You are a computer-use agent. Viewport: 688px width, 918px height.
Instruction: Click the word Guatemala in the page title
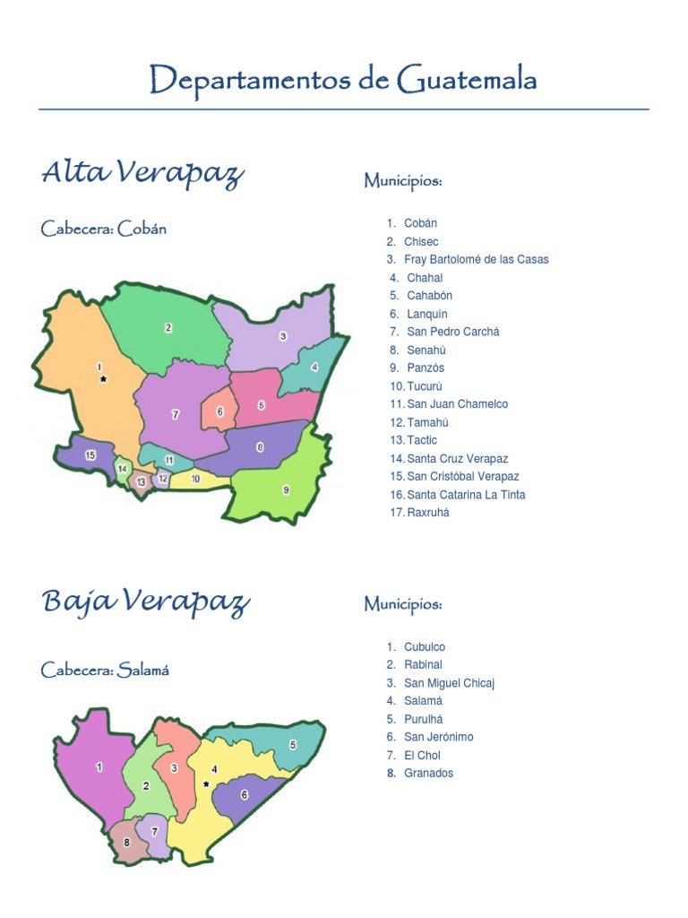[464, 81]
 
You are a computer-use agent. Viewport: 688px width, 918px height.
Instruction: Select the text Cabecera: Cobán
[104, 229]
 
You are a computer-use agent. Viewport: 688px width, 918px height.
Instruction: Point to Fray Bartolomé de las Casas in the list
[477, 259]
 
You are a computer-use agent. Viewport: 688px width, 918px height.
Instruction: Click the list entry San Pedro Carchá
[452, 332]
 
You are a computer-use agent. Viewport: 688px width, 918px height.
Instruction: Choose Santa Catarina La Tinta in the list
[466, 495]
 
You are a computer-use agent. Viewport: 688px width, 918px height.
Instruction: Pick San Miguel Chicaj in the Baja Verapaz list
[449, 683]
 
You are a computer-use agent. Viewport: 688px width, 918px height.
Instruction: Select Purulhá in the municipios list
[424, 719]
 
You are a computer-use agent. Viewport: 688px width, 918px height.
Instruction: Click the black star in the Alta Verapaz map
[104, 380]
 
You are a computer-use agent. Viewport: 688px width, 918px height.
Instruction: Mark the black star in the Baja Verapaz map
[207, 784]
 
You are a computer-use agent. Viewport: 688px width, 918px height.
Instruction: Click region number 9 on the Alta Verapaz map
[286, 489]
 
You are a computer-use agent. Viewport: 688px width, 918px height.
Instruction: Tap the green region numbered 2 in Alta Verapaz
[168, 328]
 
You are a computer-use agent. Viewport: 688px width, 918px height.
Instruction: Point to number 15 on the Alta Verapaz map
[90, 455]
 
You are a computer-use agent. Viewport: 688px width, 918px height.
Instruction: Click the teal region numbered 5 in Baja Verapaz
[292, 745]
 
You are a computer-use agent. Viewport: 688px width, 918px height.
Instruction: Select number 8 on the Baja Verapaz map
[127, 843]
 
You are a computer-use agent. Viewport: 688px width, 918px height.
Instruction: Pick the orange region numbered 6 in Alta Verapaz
[219, 411]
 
